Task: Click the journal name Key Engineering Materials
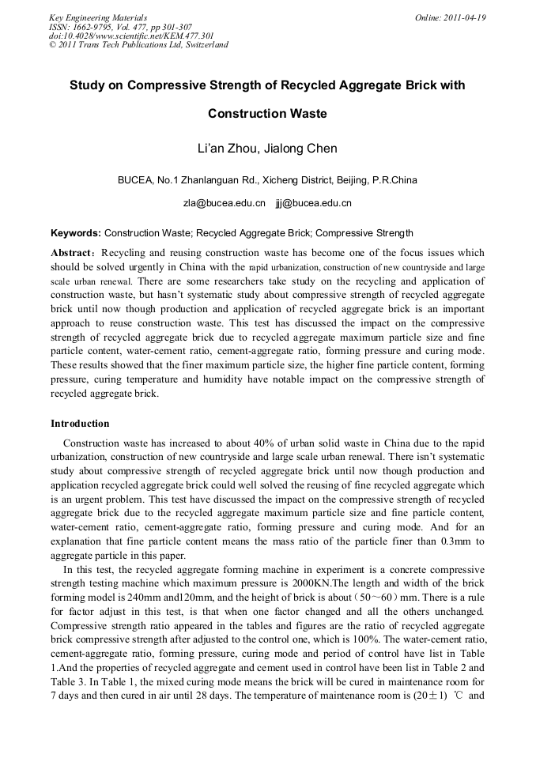pyautogui.click(x=98, y=17)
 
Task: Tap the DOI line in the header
pyautogui.click(x=131, y=36)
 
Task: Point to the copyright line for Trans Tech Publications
pyautogui.click(x=138, y=45)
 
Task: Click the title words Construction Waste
pyautogui.click(x=267, y=114)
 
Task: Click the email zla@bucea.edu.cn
pyautogui.click(x=225, y=203)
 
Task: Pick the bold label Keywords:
pyautogui.click(x=76, y=233)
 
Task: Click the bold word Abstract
pyautogui.click(x=70, y=253)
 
